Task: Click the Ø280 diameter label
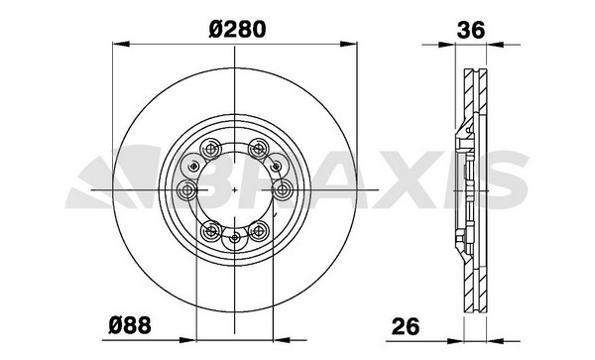point(237,29)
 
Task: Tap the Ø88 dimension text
point(130,325)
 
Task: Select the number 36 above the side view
point(471,30)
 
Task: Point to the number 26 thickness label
point(406,326)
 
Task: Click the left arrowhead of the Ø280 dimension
point(121,44)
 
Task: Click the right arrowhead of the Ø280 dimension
point(349,44)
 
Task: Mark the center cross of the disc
point(235,189)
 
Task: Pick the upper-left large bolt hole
point(210,149)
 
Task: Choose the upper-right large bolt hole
point(259,149)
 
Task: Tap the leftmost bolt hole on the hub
point(187,189)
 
